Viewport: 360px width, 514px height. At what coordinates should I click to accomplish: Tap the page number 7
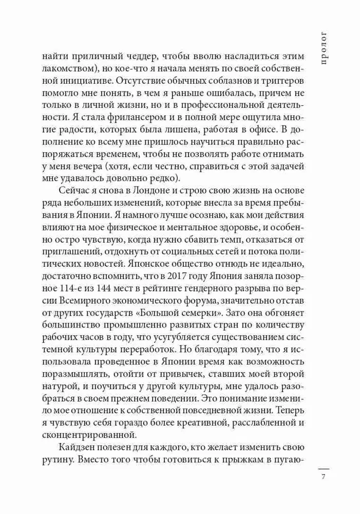pyautogui.click(x=323, y=477)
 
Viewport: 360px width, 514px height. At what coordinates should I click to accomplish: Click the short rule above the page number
pyautogui.click(x=323, y=468)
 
